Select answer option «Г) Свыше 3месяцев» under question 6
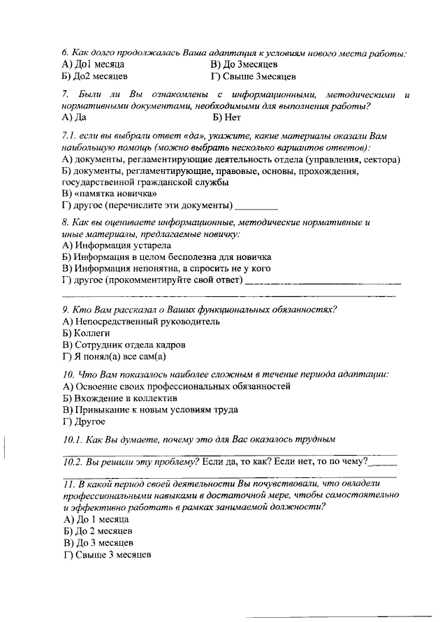(x=254, y=76)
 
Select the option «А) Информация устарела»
(x=116, y=245)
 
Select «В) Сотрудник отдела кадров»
(x=124, y=345)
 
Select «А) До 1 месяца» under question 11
(x=96, y=519)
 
